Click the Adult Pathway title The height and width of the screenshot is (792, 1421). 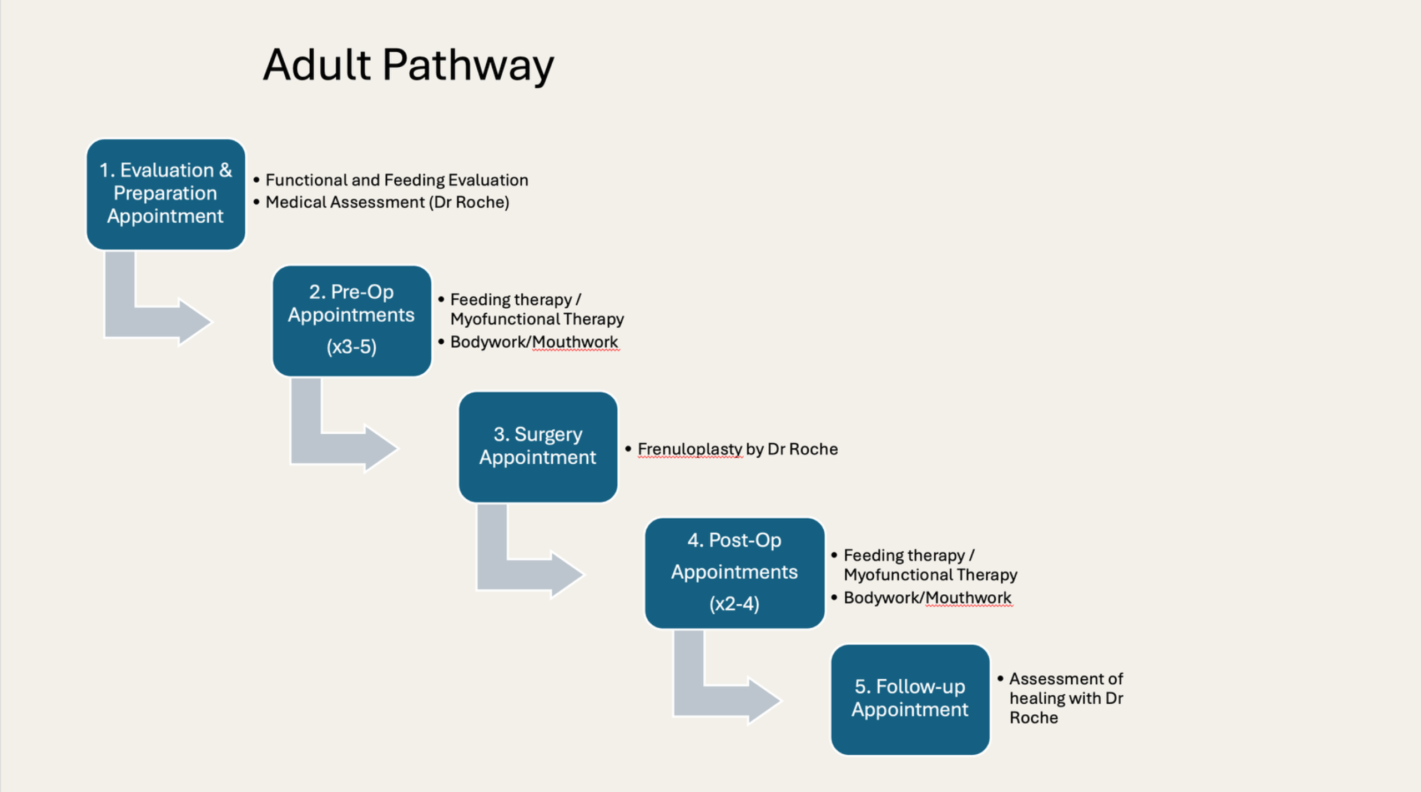408,66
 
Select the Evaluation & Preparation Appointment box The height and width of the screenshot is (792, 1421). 165,193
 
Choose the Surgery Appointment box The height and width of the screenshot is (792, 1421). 537,446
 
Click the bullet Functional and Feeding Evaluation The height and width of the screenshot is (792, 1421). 396,180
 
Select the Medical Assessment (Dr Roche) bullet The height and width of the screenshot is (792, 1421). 387,202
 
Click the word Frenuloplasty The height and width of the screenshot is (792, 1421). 689,449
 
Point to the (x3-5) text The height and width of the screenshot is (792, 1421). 351,347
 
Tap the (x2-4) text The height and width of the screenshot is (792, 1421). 734,604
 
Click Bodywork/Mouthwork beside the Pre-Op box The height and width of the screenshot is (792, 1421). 533,342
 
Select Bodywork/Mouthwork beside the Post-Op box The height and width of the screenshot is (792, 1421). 927,598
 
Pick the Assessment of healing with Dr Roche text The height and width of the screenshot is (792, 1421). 1066,698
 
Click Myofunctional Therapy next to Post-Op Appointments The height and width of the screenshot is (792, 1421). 930,575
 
